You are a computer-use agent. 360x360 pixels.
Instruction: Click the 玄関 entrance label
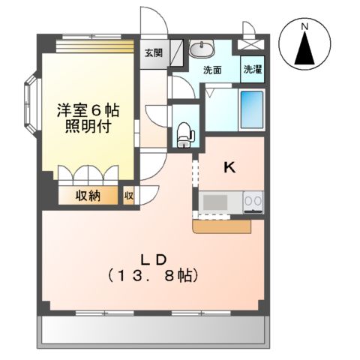click(154, 52)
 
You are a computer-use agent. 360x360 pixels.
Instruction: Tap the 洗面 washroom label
click(212, 70)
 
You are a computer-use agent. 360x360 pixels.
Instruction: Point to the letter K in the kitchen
click(230, 168)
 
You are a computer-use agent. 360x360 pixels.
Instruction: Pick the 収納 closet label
click(88, 196)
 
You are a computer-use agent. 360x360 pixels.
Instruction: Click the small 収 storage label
click(129, 196)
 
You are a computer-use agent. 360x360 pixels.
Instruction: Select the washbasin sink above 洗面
click(201, 49)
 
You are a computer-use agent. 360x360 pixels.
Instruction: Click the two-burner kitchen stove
click(253, 202)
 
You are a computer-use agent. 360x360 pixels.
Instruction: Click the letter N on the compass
click(304, 28)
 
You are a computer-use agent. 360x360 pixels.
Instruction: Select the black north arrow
click(304, 49)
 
